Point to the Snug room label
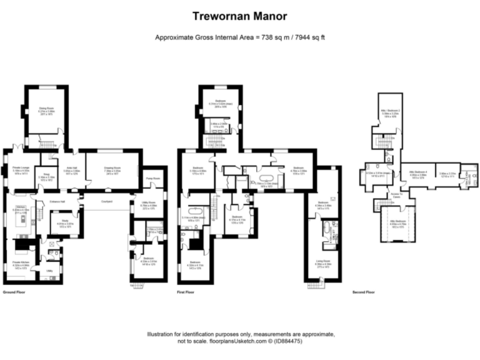tap(46, 175)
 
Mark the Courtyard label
tap(106, 201)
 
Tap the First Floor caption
tap(185, 292)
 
